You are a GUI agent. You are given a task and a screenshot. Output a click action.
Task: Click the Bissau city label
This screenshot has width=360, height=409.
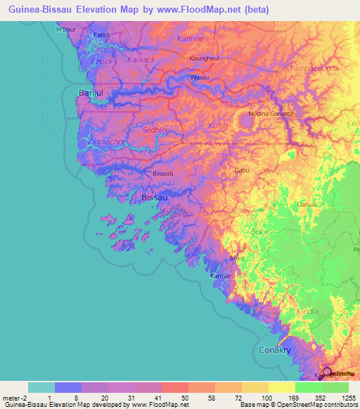[155, 198]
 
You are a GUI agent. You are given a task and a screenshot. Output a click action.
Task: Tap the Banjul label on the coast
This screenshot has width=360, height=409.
[91, 93]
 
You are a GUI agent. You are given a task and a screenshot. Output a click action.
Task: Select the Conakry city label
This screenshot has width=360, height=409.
[274, 350]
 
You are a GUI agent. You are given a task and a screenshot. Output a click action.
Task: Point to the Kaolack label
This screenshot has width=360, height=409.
[141, 60]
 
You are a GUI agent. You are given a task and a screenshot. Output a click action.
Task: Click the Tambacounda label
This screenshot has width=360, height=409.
[314, 69]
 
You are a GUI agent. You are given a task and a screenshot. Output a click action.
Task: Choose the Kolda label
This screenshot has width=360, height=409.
[219, 126]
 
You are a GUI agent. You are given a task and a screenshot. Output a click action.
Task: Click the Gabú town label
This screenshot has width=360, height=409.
[242, 170]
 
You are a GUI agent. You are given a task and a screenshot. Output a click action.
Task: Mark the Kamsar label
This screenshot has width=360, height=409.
[221, 276]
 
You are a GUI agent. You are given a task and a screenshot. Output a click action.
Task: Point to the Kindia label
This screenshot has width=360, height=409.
[307, 311]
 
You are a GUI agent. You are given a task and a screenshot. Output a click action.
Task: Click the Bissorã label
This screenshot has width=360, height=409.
[162, 173]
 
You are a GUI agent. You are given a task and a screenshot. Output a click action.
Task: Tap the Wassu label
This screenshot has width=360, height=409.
[200, 77]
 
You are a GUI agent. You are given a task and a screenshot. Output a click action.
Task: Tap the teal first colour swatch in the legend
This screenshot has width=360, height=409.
[41, 387]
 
